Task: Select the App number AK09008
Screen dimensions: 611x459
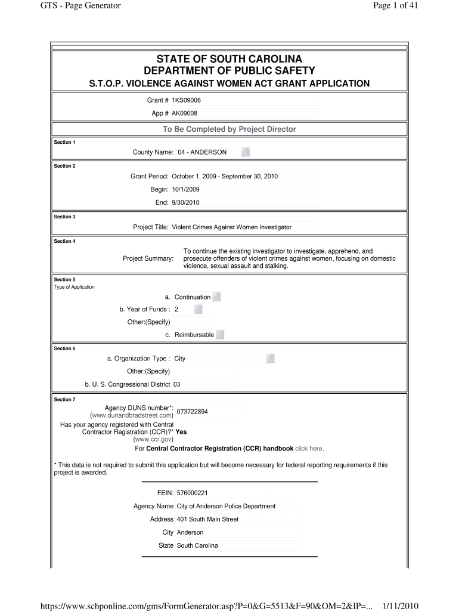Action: click(x=185, y=113)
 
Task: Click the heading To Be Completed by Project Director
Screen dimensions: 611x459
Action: click(x=229, y=129)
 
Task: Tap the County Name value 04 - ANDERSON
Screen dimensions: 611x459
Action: click(x=202, y=152)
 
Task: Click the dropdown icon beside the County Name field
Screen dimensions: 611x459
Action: click(x=246, y=152)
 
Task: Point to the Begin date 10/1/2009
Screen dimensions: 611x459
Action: click(x=185, y=189)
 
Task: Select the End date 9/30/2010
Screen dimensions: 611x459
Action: click(x=185, y=202)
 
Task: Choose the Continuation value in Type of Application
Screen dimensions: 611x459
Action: click(x=193, y=297)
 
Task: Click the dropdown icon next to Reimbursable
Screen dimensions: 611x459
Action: click(x=220, y=335)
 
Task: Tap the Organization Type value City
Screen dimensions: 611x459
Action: click(x=180, y=359)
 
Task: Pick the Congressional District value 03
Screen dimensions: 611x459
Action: click(x=177, y=384)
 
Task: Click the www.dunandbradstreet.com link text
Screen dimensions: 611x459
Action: click(x=132, y=415)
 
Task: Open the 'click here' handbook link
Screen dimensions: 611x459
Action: click(x=309, y=449)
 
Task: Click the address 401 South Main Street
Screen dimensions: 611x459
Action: click(x=207, y=519)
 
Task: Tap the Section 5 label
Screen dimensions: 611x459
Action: click(x=65, y=279)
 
